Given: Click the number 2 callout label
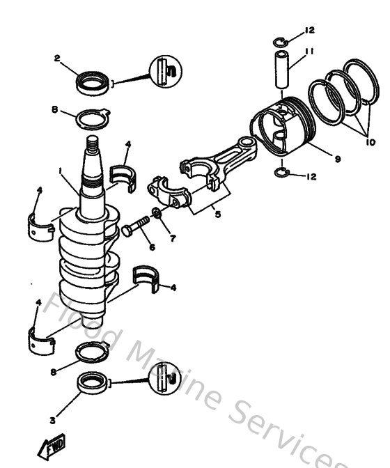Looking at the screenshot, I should point(56,58).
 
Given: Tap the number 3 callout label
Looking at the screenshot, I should point(52,420).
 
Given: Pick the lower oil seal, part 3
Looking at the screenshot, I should point(92,382).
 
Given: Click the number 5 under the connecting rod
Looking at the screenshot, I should point(217,215).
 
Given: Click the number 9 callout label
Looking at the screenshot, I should point(337,159).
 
